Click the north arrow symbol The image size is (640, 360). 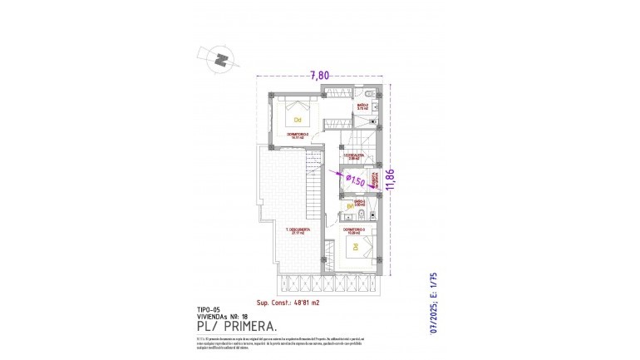click(220, 59)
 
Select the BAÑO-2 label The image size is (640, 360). click(362, 106)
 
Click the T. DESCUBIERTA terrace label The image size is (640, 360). click(297, 231)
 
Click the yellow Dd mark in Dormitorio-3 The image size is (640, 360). click(355, 248)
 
